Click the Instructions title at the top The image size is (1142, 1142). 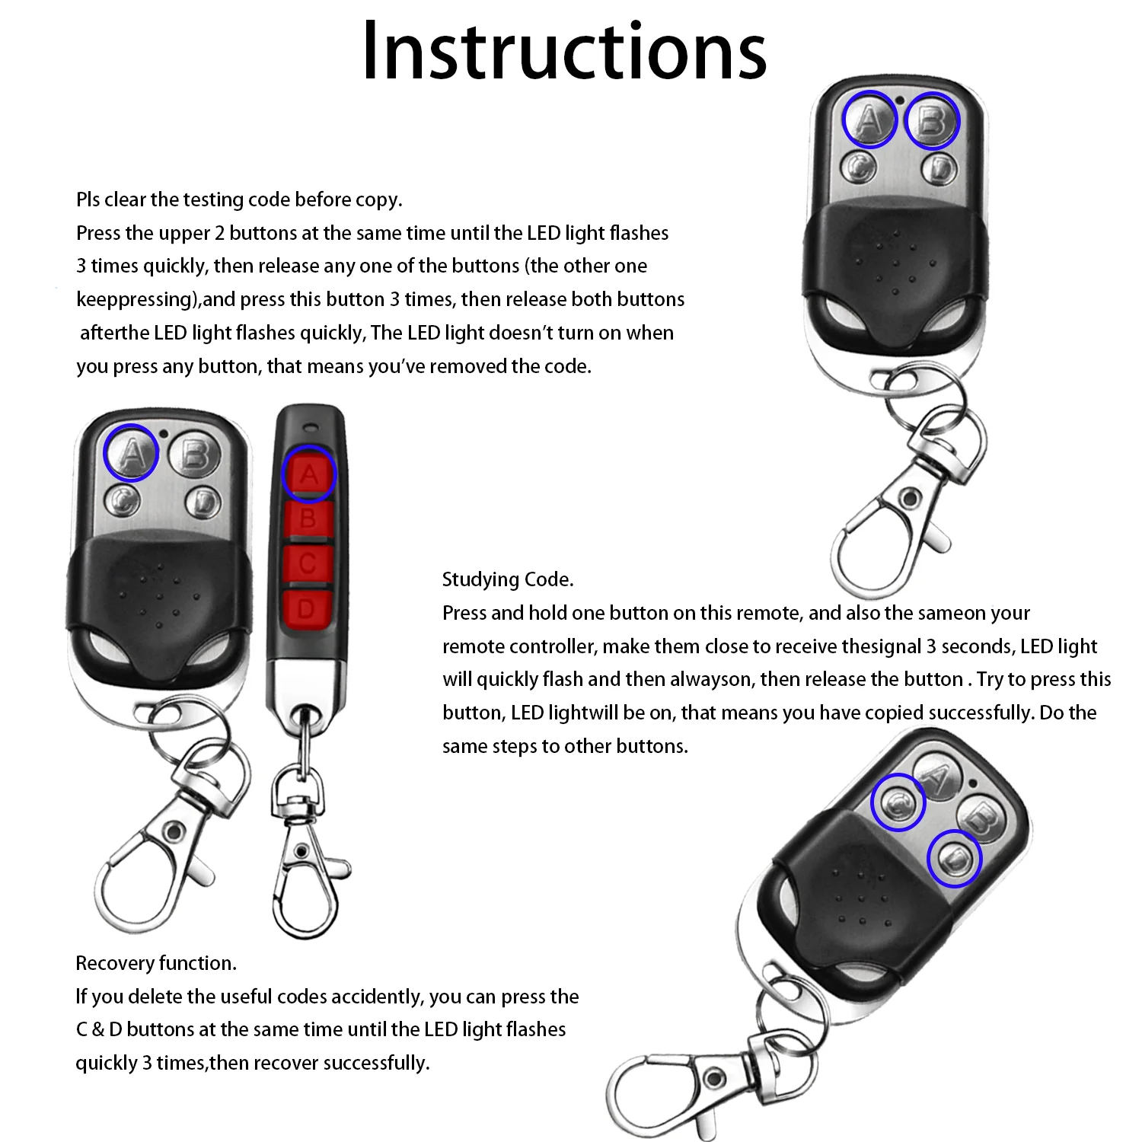coord(564,51)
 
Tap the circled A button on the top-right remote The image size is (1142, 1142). coord(869,120)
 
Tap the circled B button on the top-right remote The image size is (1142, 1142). coord(932,120)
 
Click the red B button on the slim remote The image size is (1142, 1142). coord(308,520)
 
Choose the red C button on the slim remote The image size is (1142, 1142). coord(308,564)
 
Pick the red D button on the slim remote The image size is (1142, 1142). coord(307,609)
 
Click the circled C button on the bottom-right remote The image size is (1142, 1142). coord(898,802)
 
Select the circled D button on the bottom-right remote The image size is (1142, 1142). coord(955,860)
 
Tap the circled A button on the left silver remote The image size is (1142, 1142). coord(131,453)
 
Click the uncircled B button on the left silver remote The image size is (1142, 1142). coord(195,455)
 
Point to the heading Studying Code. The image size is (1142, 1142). coord(508,579)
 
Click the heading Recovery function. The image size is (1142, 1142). coord(156,963)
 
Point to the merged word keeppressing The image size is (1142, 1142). coord(136,299)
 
